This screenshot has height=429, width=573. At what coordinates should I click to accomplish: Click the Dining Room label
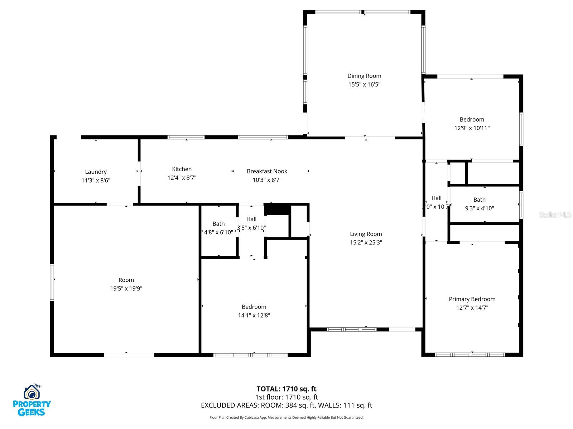tap(364, 76)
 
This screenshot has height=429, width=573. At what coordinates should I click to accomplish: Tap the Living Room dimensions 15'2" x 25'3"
tap(366, 242)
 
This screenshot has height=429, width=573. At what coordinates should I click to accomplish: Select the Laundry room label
tap(96, 172)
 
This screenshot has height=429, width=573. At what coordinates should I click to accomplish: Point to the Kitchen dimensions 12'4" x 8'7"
tap(182, 178)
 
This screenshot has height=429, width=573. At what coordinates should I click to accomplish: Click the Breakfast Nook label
tap(267, 171)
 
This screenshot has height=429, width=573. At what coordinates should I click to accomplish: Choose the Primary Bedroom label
tap(472, 299)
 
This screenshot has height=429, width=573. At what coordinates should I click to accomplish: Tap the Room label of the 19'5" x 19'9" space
tap(126, 280)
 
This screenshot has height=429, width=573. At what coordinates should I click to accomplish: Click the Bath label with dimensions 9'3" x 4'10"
tap(479, 200)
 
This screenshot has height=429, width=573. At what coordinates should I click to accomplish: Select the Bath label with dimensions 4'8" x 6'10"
tap(218, 224)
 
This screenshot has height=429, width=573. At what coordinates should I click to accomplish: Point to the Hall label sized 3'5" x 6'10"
tap(251, 219)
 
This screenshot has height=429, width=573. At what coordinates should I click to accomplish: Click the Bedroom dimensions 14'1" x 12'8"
tap(254, 315)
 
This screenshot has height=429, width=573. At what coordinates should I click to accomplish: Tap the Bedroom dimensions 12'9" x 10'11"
tap(472, 128)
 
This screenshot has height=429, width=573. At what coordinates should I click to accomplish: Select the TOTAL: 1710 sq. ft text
tap(286, 389)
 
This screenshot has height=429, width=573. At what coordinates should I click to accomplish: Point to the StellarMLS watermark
tap(555, 215)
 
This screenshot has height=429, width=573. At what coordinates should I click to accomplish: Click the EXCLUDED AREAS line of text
tap(286, 405)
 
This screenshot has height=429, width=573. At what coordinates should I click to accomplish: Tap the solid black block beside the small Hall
tap(277, 209)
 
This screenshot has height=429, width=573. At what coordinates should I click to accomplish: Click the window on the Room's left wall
tap(52, 282)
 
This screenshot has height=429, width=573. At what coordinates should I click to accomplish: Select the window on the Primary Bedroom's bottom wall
tap(470, 355)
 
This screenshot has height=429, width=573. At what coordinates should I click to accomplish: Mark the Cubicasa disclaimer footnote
tap(286, 418)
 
